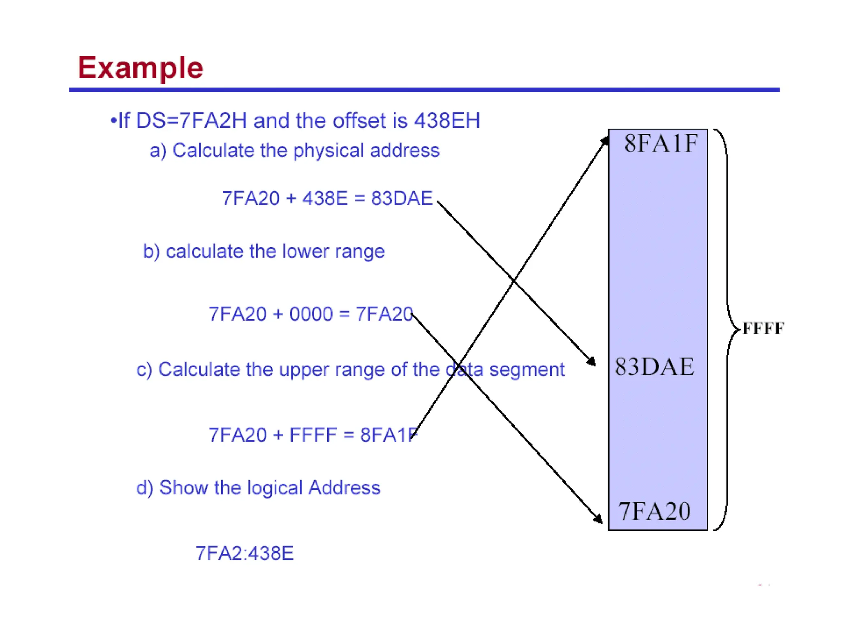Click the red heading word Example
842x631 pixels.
[140, 68]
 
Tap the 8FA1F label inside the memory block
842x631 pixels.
[661, 143]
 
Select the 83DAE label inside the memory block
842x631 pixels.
[655, 366]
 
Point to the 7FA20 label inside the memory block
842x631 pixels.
[655, 511]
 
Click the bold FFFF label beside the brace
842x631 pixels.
[763, 328]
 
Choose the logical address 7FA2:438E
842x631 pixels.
[244, 553]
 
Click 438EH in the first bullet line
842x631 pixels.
[447, 121]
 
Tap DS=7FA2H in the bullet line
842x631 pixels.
[191, 121]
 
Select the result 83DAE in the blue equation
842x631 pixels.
[402, 198]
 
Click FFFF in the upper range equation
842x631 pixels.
[313, 435]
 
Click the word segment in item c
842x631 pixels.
[527, 369]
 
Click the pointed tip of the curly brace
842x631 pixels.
[740, 329]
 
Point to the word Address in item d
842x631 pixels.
[344, 488]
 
